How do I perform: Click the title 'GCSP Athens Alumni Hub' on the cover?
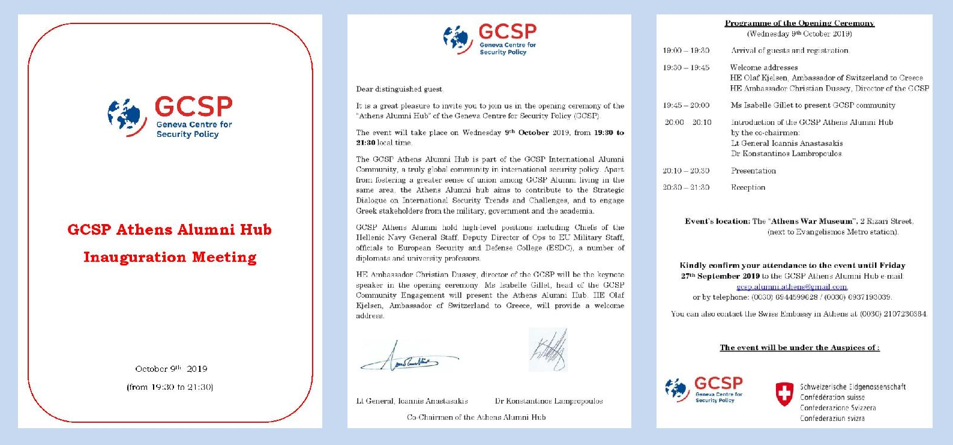(x=169, y=230)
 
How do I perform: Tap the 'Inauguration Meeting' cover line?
(x=169, y=258)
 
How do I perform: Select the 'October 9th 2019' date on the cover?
(x=171, y=369)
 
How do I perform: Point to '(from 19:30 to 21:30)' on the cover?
(x=170, y=387)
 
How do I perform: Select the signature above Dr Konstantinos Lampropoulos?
(x=549, y=350)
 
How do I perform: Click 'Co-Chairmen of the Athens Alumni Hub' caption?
(x=476, y=417)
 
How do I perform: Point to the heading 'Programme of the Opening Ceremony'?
(x=799, y=23)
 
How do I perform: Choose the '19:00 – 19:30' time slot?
(x=686, y=51)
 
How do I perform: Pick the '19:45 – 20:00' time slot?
(x=686, y=106)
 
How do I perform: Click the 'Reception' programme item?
(x=748, y=188)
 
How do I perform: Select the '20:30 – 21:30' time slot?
(x=686, y=188)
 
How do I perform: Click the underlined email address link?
(x=791, y=287)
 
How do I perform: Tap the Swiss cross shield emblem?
(x=784, y=394)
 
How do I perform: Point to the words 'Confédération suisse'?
(x=832, y=398)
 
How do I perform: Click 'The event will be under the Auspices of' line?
(x=799, y=348)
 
